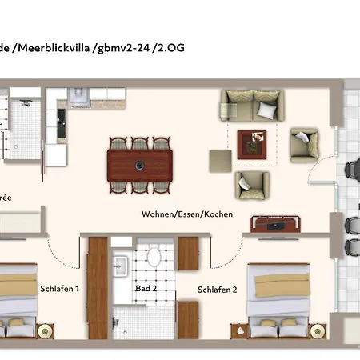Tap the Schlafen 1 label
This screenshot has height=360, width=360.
[x=59, y=288]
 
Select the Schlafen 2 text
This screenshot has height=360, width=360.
[x=217, y=289]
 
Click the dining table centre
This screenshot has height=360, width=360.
[x=140, y=166]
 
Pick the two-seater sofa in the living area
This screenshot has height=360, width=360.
[x=251, y=106]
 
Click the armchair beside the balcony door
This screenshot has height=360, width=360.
[x=303, y=144]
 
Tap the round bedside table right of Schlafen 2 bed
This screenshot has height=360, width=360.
[x=318, y=330]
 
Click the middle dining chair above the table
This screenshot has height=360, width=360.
[x=140, y=145]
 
